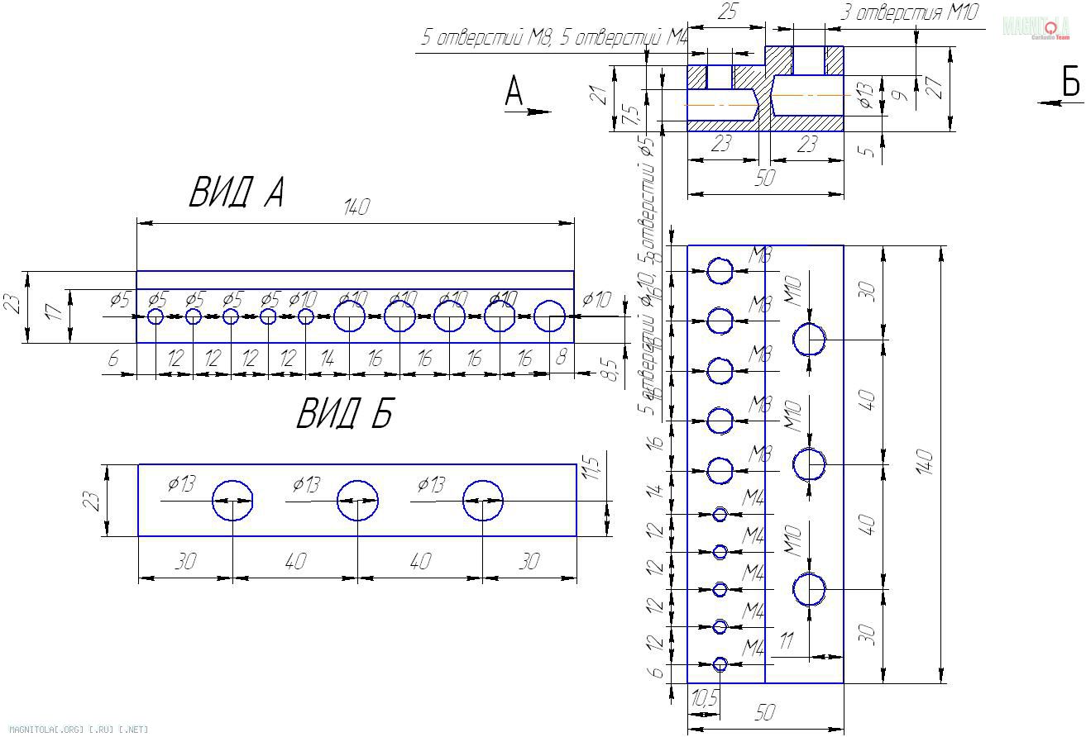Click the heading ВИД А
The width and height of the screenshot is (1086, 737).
(x=237, y=193)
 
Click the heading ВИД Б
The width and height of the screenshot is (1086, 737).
(x=344, y=413)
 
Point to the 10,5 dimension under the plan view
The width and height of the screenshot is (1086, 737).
(x=704, y=699)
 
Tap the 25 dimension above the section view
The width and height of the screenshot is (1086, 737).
(x=727, y=12)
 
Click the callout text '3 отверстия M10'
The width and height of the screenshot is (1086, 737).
(x=909, y=13)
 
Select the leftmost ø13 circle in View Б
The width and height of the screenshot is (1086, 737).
(x=232, y=501)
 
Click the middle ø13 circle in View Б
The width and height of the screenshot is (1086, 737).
(x=358, y=501)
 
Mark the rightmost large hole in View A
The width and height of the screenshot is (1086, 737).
(x=549, y=316)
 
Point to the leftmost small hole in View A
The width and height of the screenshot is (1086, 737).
(x=155, y=316)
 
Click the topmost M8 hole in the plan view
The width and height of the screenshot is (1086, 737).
(x=720, y=270)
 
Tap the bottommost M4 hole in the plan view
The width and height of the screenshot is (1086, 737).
(x=720, y=664)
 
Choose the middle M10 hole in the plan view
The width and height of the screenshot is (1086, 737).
(x=809, y=464)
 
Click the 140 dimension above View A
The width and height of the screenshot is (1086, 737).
(x=356, y=207)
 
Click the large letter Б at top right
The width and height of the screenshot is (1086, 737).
(x=1069, y=83)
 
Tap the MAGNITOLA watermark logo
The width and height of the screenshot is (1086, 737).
(x=1036, y=27)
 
